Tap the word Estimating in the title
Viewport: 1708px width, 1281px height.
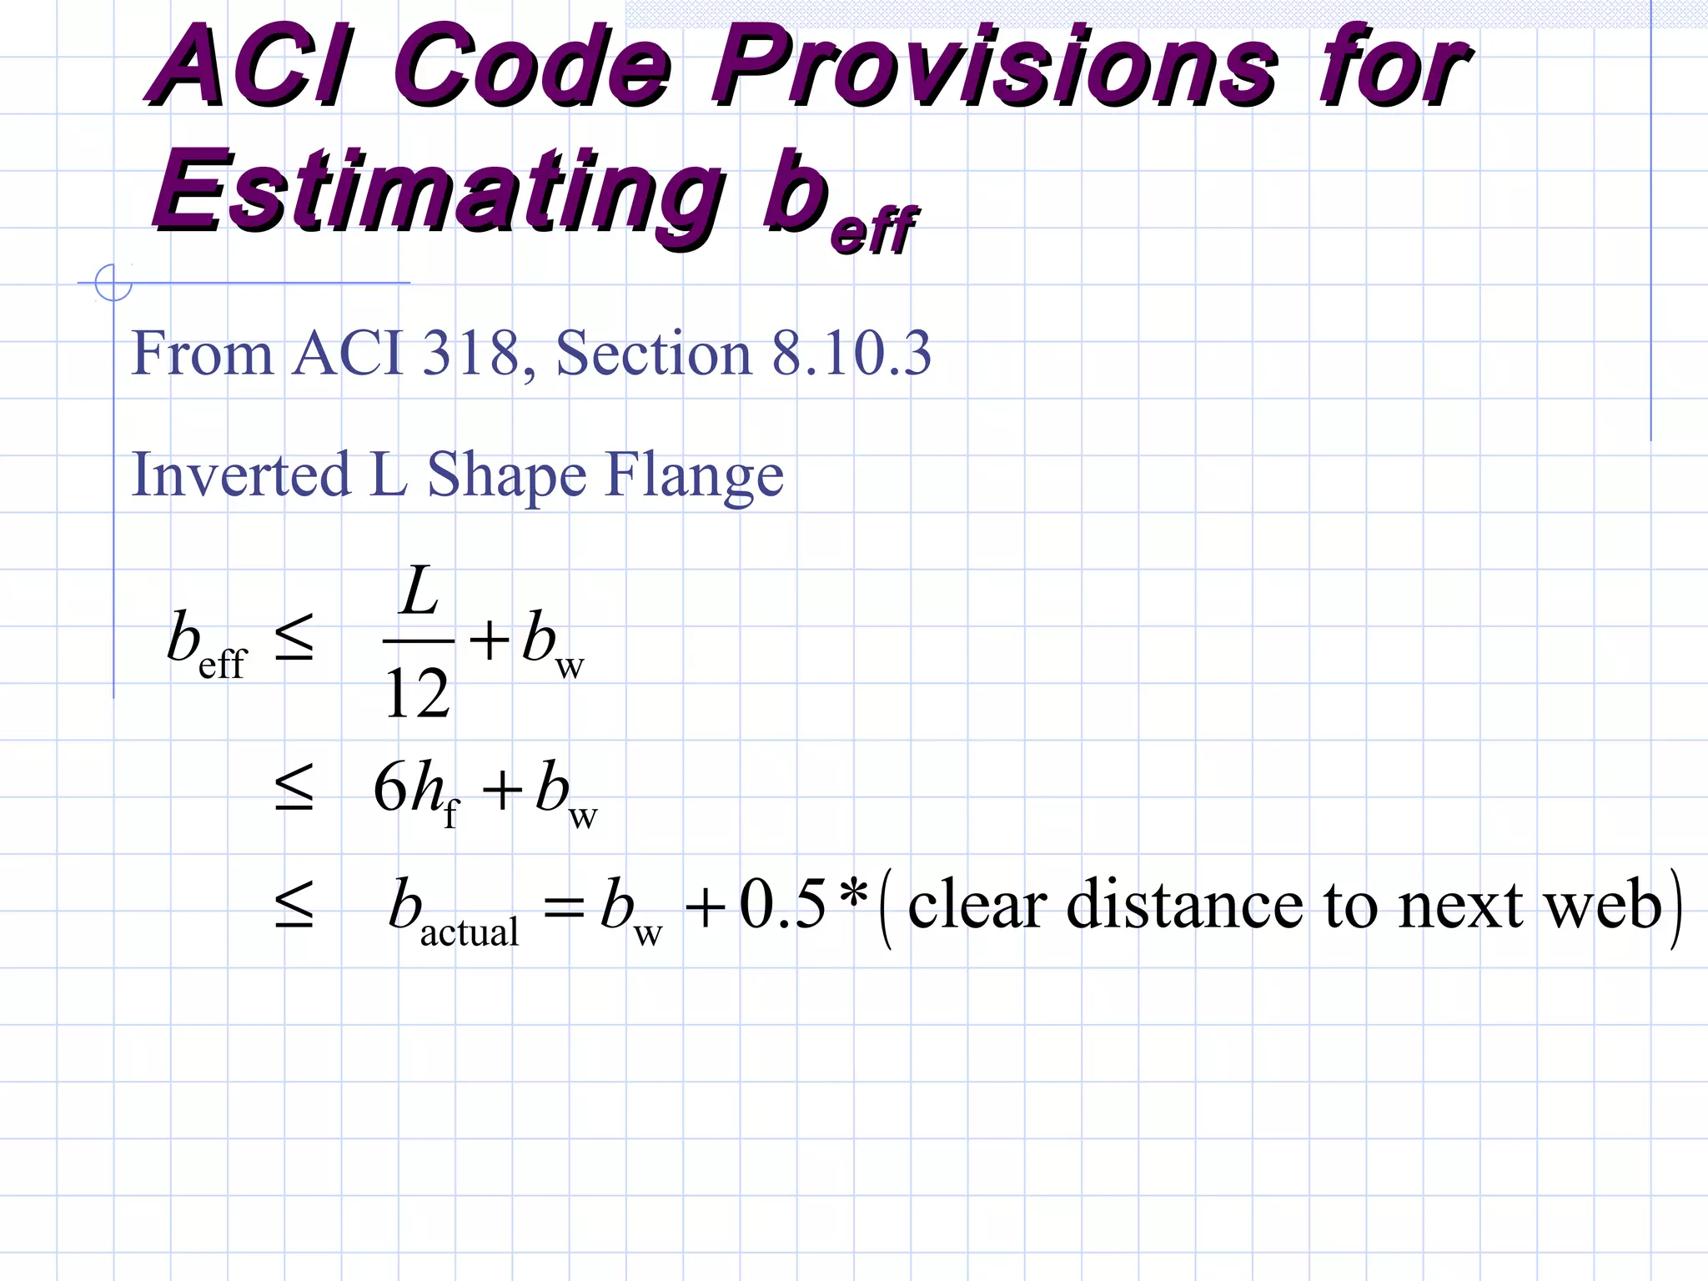click(x=438, y=192)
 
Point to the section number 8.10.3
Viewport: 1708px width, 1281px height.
click(x=851, y=354)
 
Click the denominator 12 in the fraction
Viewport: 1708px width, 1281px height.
click(x=417, y=694)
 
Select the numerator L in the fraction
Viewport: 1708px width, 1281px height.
click(x=419, y=592)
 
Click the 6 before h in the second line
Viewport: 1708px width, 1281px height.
click(x=389, y=787)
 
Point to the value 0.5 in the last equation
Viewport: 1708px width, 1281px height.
click(x=782, y=905)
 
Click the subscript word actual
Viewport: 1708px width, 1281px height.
click(x=469, y=932)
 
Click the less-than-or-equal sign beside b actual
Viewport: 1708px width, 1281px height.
click(x=294, y=906)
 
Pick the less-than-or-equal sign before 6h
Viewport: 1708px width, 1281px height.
click(x=294, y=788)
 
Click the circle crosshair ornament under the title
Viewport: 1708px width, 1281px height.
click(x=113, y=283)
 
